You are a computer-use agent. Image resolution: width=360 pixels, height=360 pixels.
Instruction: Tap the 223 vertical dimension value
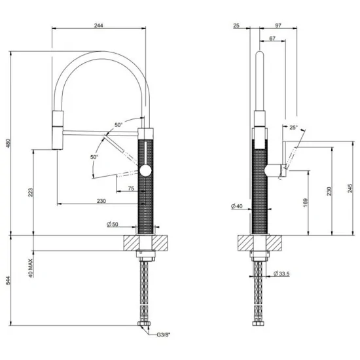(31, 193)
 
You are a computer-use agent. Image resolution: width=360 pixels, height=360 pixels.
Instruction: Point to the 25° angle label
(293, 128)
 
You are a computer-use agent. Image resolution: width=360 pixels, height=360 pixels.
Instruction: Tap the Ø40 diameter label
(238, 207)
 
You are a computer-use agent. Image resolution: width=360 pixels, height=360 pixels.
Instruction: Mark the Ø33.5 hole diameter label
(281, 273)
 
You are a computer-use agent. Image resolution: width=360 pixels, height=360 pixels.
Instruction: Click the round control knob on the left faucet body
(146, 170)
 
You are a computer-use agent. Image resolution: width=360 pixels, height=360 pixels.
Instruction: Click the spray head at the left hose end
(57, 130)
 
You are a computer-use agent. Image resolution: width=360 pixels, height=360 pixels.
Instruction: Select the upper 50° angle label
(118, 124)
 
